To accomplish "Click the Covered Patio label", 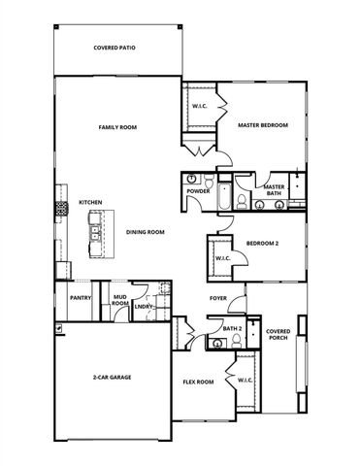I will pyautogui.click(x=114, y=47).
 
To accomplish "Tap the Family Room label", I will pyautogui.click(x=116, y=127).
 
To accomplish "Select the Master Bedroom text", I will pyautogui.click(x=263, y=124).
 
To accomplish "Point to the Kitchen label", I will pyautogui.click(x=90, y=202).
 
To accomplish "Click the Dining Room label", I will pyautogui.click(x=145, y=232).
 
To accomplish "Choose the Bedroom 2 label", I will pyautogui.click(x=262, y=243).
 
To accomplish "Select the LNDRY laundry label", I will pyautogui.click(x=144, y=308).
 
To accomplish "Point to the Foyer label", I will pyautogui.click(x=218, y=297).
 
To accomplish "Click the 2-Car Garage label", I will pyautogui.click(x=113, y=377).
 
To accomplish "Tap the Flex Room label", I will pyautogui.click(x=198, y=382).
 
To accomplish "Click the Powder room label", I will pyautogui.click(x=199, y=191).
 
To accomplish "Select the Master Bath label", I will pyautogui.click(x=274, y=190).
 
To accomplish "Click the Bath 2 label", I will pyautogui.click(x=232, y=329).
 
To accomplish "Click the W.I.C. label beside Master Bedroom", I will pyautogui.click(x=199, y=105).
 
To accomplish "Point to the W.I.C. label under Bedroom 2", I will pyautogui.click(x=222, y=258).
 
